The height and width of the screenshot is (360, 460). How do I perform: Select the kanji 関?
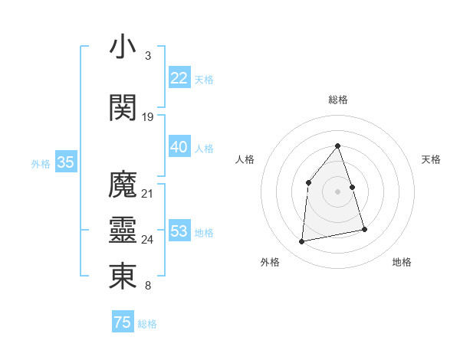[123, 107]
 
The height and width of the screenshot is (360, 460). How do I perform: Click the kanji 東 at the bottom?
[123, 277]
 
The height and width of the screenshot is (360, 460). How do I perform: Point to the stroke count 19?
[148, 117]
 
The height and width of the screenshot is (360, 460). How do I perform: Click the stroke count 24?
[148, 240]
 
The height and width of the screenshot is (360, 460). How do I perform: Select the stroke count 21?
[148, 194]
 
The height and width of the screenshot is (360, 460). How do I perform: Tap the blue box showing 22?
[179, 78]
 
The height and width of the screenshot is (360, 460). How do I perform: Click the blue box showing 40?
[179, 147]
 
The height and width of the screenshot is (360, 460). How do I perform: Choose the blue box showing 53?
[179, 231]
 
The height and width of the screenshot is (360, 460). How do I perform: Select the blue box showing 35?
[65, 162]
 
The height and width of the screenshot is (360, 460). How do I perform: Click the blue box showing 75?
[122, 322]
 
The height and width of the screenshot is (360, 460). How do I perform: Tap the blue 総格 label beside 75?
[147, 324]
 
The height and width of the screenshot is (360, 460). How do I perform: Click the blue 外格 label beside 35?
[41, 163]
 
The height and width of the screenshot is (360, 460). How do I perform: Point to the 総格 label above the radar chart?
[337, 100]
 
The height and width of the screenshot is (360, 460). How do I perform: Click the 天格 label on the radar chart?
[431, 159]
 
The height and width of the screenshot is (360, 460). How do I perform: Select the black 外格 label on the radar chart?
[270, 262]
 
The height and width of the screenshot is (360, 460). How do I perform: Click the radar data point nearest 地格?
[364, 229]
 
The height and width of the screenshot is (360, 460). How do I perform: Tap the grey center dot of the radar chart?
[337, 191]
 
